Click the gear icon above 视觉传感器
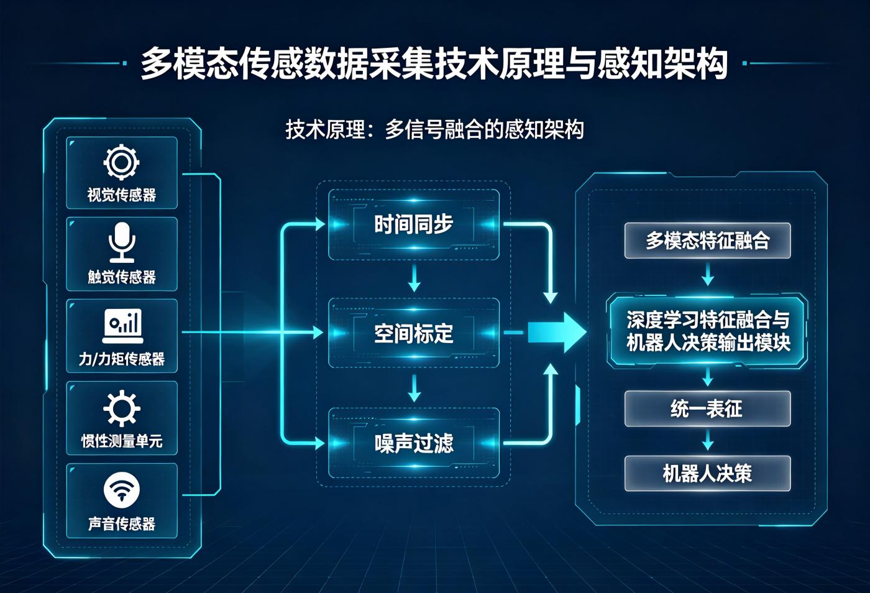tap(122, 162)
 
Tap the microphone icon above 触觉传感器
tap(122, 242)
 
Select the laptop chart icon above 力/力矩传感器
tap(122, 326)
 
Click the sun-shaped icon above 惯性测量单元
tap(122, 408)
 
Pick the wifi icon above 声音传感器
tap(122, 490)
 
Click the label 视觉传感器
tap(122, 195)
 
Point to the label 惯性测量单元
tap(122, 441)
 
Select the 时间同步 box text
tap(414, 224)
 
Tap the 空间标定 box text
tap(414, 333)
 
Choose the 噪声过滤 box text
tap(414, 443)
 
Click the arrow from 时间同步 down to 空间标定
tap(414, 277)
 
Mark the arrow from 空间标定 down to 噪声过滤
tap(414, 388)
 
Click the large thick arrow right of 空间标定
tap(557, 333)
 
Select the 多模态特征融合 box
tap(707, 241)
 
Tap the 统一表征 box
tap(707, 408)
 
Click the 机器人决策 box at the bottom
tap(707, 473)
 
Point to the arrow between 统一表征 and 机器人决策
tap(708, 439)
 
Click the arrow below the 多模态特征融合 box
tap(708, 274)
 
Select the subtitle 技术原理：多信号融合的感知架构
tap(434, 129)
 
